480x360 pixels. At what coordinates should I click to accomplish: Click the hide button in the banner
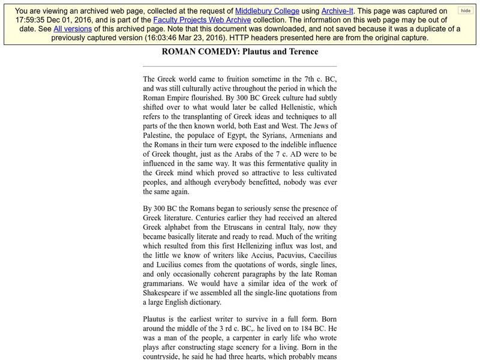pos(466,11)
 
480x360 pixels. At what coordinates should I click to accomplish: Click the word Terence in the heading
pos(301,52)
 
